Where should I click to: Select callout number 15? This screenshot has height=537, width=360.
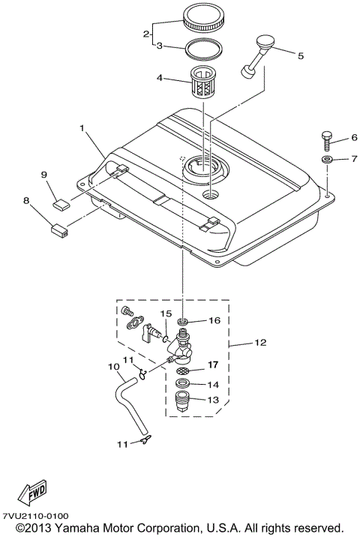click(166, 312)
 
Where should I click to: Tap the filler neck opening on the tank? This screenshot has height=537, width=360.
click(200, 166)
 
